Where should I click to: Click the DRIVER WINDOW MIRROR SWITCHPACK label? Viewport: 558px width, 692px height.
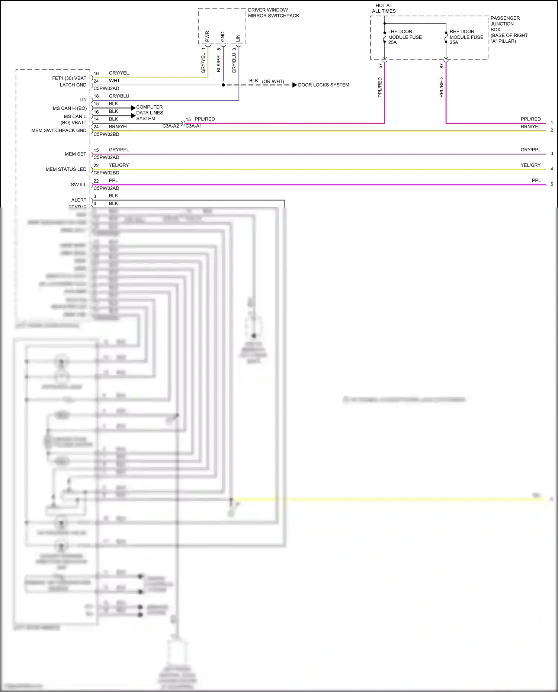[273, 13]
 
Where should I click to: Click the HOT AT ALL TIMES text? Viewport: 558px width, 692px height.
[384, 8]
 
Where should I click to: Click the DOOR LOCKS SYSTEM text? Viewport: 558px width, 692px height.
[323, 85]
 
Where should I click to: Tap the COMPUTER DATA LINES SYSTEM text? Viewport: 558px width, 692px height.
[150, 113]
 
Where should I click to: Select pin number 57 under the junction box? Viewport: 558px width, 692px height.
[380, 66]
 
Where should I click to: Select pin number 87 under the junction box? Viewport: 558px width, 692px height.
[442, 66]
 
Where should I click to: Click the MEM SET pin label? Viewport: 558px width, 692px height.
[76, 154]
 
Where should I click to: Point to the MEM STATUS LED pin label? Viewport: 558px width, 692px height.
[66, 169]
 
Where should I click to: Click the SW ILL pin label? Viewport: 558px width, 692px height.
[78, 185]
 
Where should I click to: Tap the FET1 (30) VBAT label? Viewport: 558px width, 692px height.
[69, 78]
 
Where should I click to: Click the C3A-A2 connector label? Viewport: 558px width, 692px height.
[170, 126]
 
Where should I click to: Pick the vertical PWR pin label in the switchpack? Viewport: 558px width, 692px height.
[207, 36]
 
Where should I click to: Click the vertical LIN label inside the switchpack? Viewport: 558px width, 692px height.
[238, 38]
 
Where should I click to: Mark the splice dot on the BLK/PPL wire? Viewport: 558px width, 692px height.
[223, 85]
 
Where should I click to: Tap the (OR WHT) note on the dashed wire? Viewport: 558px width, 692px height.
[273, 81]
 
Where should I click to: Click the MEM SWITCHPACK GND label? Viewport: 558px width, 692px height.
[59, 131]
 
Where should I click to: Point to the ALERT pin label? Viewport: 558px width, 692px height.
[78, 200]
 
